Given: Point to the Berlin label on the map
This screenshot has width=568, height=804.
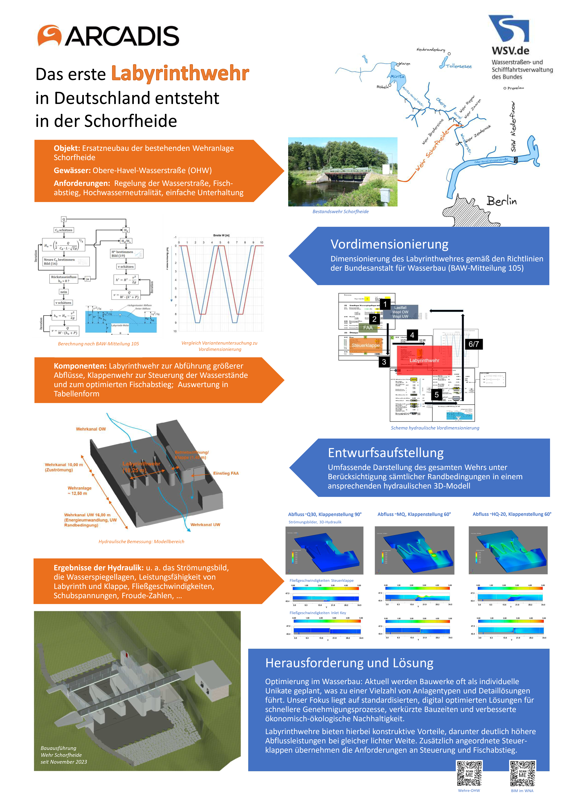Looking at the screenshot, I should pyautogui.click(x=501, y=201).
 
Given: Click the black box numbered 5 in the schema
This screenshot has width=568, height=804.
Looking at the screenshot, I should pyautogui.click(x=436, y=395).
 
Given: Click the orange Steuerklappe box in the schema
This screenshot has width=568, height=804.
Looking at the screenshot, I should pyautogui.click(x=365, y=345).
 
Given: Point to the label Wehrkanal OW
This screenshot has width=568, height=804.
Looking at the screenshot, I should pyautogui.click(x=91, y=429).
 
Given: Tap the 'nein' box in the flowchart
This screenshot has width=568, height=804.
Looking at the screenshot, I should pyautogui.click(x=64, y=292).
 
